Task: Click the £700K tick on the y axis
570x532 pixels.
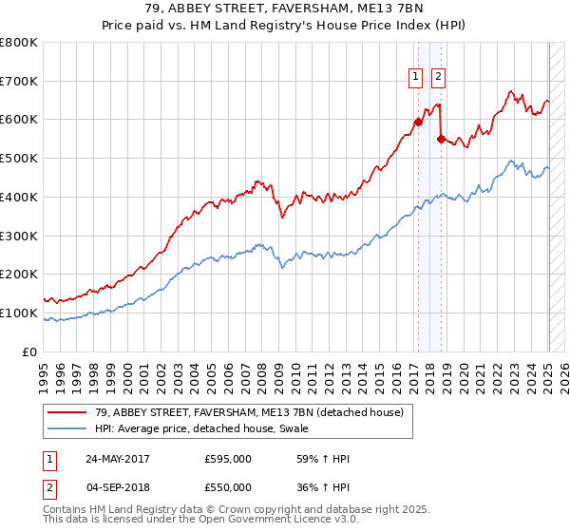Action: pyautogui.click(x=19, y=81)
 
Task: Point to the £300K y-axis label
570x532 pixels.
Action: pyautogui.click(x=19, y=236)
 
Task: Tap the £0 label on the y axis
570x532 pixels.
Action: pyautogui.click(x=28, y=351)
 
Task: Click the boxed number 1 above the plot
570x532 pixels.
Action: pyautogui.click(x=416, y=78)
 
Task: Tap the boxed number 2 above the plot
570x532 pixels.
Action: pyautogui.click(x=438, y=78)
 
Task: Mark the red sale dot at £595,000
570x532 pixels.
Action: pyautogui.click(x=418, y=122)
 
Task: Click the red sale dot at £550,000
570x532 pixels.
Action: pyautogui.click(x=440, y=139)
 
